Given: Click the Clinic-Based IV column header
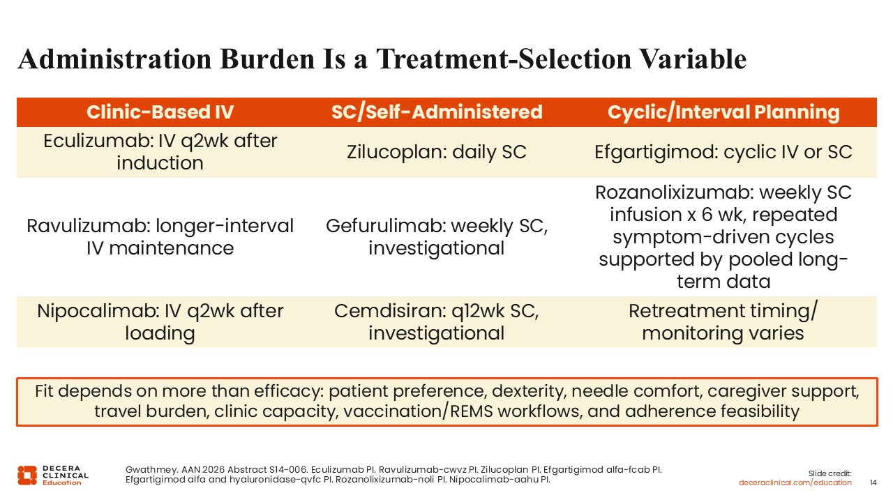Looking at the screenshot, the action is [x=160, y=112].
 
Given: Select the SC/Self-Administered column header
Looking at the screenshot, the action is [x=437, y=112].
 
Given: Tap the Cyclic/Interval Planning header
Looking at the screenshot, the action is [x=723, y=112].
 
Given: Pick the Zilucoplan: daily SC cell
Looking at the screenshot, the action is [x=437, y=152].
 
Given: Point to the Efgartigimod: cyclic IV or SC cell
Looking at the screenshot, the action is [x=723, y=152].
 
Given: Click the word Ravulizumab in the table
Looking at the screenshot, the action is [x=88, y=226].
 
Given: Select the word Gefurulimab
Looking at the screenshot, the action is [x=385, y=226].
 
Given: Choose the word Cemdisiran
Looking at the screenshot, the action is [x=389, y=311].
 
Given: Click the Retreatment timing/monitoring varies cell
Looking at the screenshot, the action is [x=723, y=322].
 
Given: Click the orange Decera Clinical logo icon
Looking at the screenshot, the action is [x=27, y=476].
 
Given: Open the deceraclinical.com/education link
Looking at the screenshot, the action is [x=795, y=483].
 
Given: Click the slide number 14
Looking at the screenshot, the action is [x=873, y=482].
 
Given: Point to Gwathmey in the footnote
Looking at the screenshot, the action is [x=151, y=470].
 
